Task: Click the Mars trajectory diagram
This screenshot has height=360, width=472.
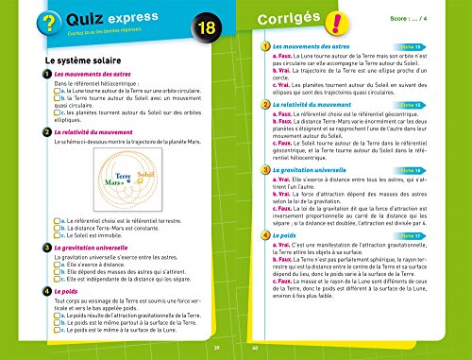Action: [x=132, y=180]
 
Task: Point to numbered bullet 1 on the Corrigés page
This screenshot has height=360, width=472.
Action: [x=262, y=45]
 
